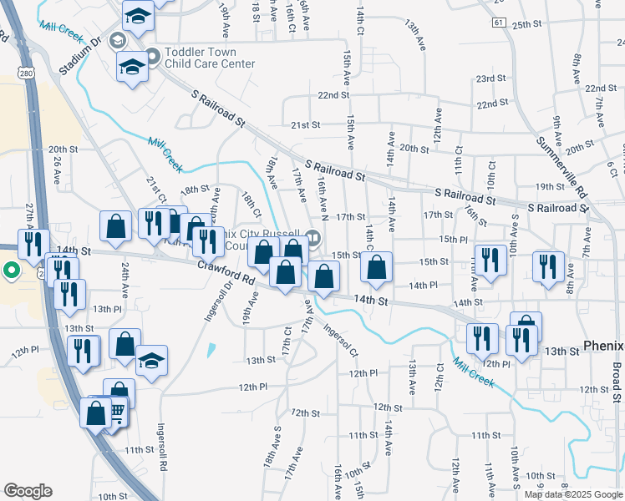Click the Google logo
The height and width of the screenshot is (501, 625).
[28, 491]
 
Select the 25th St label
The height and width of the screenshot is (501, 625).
[528, 25]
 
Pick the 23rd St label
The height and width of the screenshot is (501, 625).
[491, 78]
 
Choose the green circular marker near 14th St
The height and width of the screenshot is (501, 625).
[11, 270]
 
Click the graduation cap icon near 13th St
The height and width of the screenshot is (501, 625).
[150, 360]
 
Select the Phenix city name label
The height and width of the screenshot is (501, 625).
[603, 345]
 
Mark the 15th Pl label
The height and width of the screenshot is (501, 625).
[453, 239]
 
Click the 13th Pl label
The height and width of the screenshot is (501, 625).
[107, 309]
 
